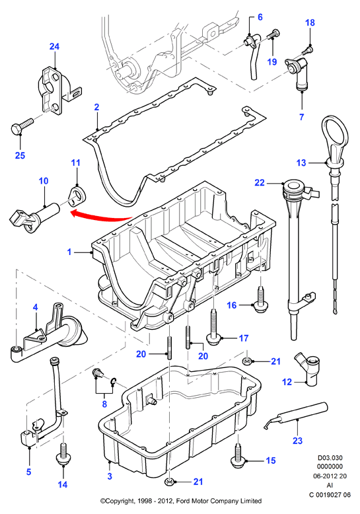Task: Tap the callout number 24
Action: (54, 46)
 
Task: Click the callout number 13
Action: (301, 163)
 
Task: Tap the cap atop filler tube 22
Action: (295, 188)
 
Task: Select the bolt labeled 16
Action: (260, 299)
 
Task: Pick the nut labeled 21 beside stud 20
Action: (247, 361)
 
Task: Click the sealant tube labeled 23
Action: (296, 416)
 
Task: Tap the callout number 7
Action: (302, 117)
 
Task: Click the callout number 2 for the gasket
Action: (96, 107)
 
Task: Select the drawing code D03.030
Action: (330, 458)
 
